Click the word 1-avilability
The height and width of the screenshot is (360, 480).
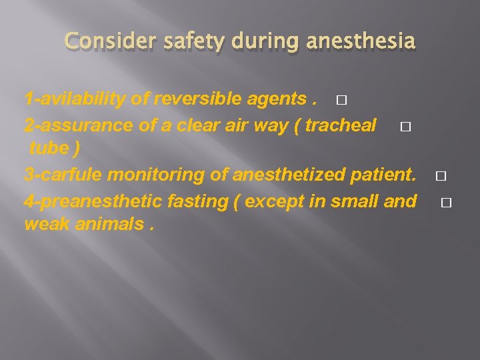75,100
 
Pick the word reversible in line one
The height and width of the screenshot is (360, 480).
192,100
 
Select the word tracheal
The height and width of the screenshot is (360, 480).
341,125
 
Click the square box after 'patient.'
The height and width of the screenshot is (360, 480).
440,177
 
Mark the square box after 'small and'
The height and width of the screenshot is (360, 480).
446,202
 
